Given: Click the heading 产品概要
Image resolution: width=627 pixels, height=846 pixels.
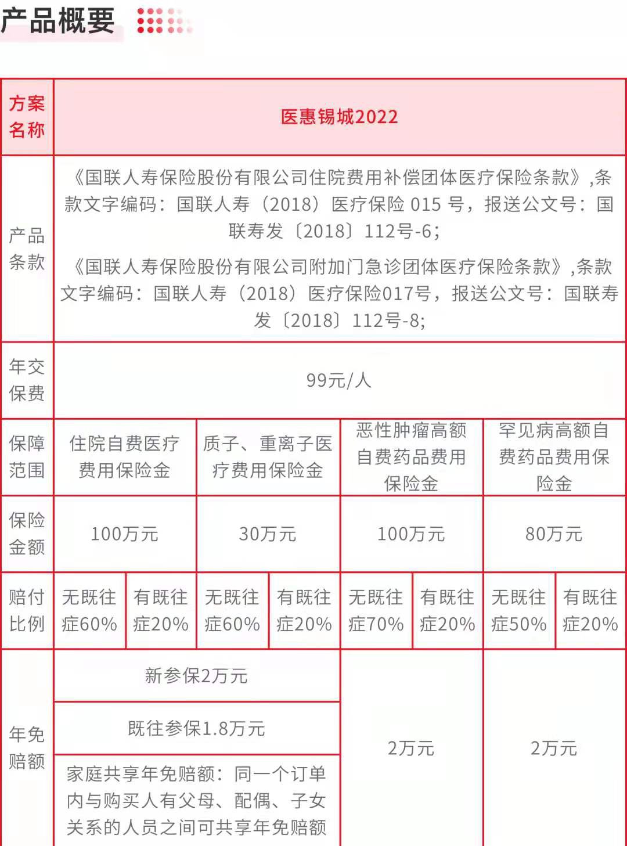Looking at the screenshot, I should [x=58, y=21].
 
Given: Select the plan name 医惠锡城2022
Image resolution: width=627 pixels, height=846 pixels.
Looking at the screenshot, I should [x=340, y=117].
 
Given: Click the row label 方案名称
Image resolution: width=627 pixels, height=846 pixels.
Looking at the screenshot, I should [x=27, y=117].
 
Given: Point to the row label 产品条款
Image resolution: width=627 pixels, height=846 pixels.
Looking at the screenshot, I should [x=27, y=249].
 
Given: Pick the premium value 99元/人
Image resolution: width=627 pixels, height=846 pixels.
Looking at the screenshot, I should [x=339, y=380].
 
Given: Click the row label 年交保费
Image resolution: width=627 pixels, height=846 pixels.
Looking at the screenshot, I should [x=27, y=380].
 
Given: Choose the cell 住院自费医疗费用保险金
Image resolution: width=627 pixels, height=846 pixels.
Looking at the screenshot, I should [x=124, y=457].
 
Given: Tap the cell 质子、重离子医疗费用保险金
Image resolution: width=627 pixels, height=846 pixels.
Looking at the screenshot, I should [x=268, y=457].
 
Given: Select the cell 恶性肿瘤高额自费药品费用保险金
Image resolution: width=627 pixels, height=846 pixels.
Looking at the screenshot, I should [x=411, y=457].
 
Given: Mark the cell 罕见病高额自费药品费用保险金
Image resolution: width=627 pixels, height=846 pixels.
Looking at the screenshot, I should [x=554, y=457].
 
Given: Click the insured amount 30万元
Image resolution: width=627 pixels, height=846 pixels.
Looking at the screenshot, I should [x=268, y=534].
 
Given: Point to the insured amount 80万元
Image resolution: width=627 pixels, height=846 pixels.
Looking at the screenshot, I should [x=554, y=534].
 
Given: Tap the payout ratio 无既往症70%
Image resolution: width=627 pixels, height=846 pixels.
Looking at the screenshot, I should [x=376, y=611].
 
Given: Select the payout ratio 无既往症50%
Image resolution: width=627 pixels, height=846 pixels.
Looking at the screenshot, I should [x=519, y=611].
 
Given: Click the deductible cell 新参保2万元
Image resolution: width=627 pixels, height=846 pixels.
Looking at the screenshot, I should [x=196, y=676].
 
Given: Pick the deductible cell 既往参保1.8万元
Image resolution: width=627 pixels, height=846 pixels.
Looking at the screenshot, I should [x=196, y=728].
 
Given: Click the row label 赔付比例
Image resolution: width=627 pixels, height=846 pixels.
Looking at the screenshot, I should [x=27, y=611].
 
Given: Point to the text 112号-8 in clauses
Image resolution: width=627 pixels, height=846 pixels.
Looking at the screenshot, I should [x=389, y=321].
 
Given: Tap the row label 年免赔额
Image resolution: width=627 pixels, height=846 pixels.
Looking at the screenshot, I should [x=27, y=748].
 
